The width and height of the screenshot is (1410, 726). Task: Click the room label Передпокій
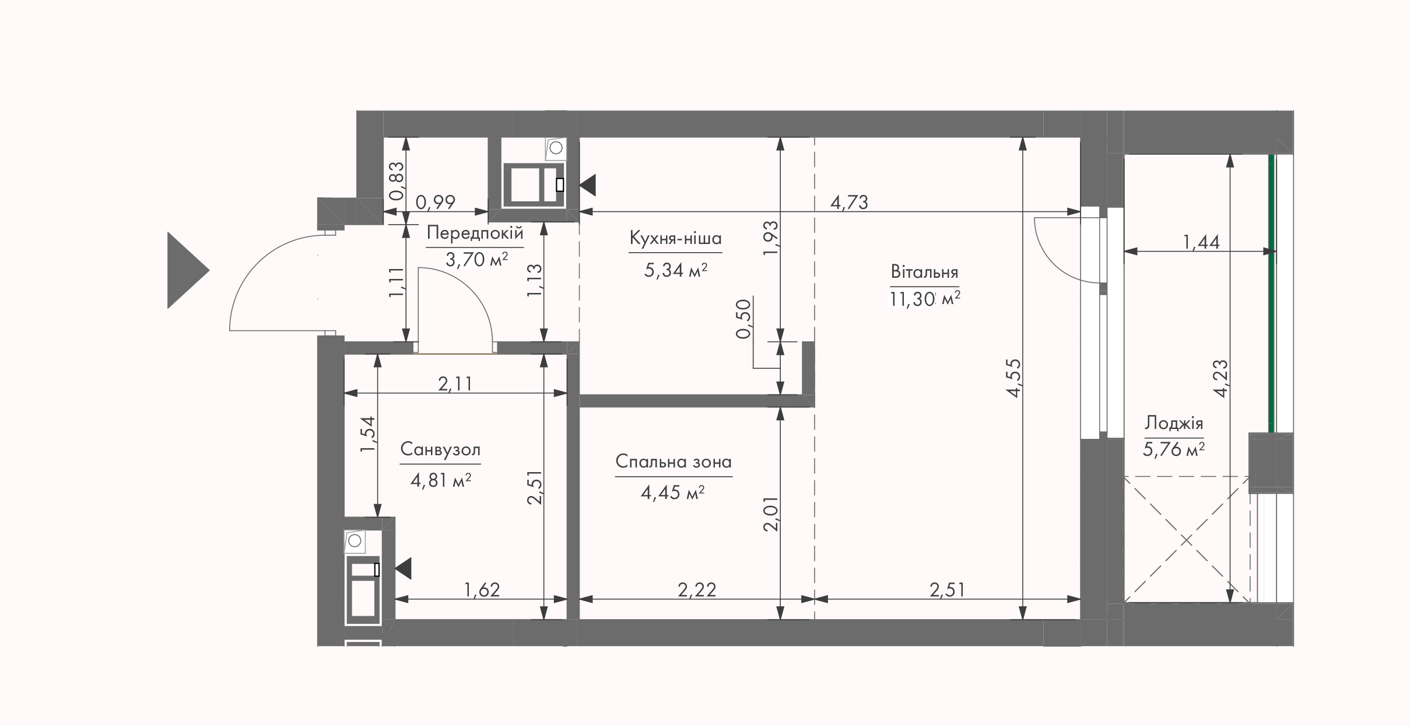click(x=475, y=234)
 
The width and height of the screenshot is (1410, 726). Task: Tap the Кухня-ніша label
click(x=675, y=239)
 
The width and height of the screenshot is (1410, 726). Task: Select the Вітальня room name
click(x=924, y=273)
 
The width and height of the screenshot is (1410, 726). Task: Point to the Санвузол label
click(x=440, y=449)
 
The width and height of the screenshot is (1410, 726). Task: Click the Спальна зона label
click(x=674, y=462)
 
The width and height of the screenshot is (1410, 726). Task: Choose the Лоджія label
click(x=1174, y=423)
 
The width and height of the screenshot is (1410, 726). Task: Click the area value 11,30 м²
click(x=925, y=299)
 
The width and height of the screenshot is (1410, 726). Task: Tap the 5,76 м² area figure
click(x=1174, y=449)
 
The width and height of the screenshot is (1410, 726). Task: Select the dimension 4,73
click(x=849, y=203)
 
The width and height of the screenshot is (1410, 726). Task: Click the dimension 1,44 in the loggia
click(x=1201, y=242)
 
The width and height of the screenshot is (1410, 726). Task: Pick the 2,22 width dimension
click(x=697, y=590)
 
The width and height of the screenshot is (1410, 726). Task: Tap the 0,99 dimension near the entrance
click(x=436, y=203)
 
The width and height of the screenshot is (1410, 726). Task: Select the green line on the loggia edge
click(x=1271, y=294)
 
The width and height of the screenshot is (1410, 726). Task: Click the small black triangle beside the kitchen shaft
click(x=588, y=185)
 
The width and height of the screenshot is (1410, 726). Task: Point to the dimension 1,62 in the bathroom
click(x=482, y=590)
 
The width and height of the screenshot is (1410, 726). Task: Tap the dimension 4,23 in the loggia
click(x=1220, y=378)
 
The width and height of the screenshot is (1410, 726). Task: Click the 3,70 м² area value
click(x=476, y=259)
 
